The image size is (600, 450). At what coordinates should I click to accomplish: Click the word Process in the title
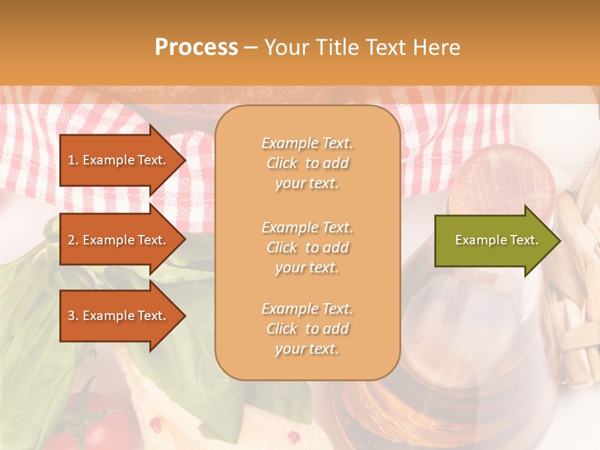[x=196, y=47]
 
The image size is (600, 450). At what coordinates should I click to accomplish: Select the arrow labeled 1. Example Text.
[x=119, y=160]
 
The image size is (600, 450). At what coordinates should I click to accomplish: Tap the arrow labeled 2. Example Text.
[x=119, y=240]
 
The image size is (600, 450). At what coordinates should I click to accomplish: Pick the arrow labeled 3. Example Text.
[x=119, y=316]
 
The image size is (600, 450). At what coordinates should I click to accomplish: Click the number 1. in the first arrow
[x=73, y=160]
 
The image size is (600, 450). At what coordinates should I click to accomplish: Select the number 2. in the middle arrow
[x=73, y=240]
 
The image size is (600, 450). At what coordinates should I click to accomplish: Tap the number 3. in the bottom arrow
[x=73, y=316]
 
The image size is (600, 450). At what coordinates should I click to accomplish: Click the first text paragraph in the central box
[x=307, y=163]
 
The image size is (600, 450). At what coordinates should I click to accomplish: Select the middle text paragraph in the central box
[x=307, y=247]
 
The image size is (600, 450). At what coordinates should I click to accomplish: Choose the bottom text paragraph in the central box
[x=307, y=329]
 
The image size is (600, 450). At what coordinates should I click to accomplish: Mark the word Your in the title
[x=285, y=47]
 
